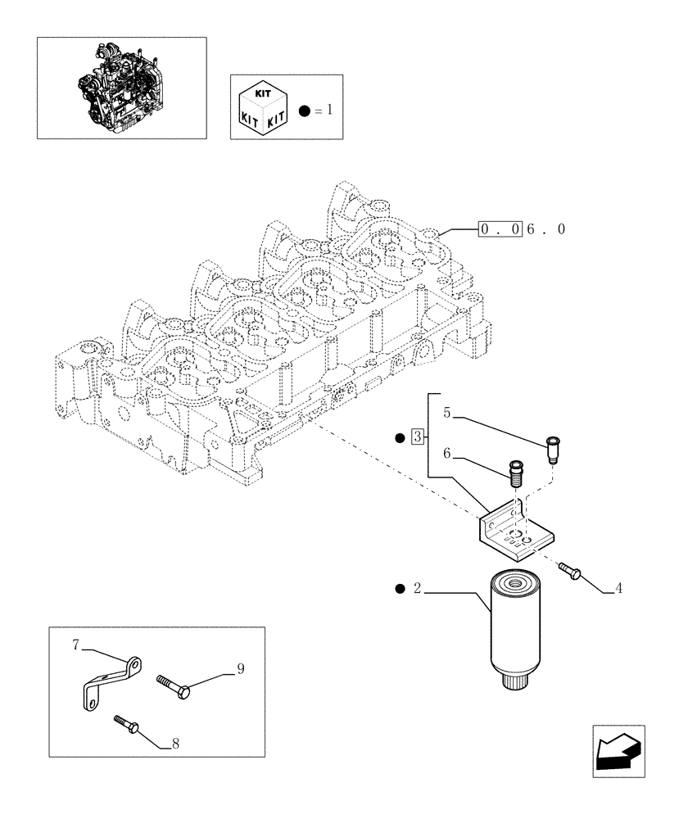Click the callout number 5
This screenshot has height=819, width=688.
pyautogui.click(x=447, y=413)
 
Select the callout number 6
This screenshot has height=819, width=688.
pyautogui.click(x=447, y=452)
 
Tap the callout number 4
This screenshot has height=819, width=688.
pyautogui.click(x=618, y=587)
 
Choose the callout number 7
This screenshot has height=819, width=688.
pyautogui.click(x=75, y=646)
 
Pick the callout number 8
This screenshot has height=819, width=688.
pyautogui.click(x=174, y=744)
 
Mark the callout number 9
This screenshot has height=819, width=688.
pyautogui.click(x=241, y=669)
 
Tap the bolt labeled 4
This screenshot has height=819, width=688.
pyautogui.click(x=570, y=571)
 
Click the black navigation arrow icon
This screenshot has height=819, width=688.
pyautogui.click(x=618, y=751)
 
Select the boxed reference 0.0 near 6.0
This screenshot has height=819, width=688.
pyautogui.click(x=500, y=230)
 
